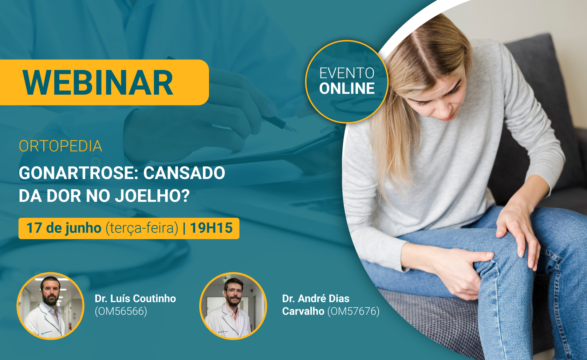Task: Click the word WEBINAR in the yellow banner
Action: tap(98, 83)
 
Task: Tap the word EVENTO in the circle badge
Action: tap(347, 73)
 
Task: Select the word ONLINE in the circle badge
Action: tap(347, 88)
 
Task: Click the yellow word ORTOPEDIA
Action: tap(60, 146)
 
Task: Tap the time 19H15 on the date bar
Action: tap(211, 228)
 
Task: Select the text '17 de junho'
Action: tap(64, 228)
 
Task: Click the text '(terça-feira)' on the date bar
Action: tap(142, 228)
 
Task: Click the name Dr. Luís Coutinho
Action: tap(135, 298)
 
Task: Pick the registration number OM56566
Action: tap(121, 311)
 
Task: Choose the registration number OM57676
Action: tap(353, 311)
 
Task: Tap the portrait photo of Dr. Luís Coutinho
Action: tap(50, 306)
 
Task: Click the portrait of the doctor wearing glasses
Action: tap(233, 306)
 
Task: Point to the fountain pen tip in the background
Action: tap(295, 130)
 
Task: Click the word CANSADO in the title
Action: tap(184, 173)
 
